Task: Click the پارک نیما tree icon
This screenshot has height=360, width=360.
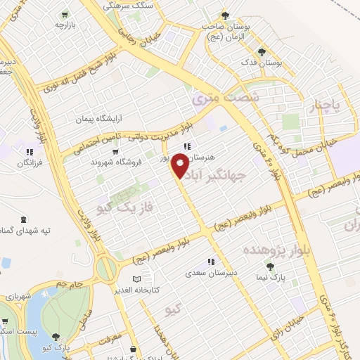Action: (269, 266)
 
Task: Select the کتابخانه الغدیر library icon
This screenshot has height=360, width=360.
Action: (136, 278)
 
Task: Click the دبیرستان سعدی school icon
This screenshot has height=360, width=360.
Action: (211, 262)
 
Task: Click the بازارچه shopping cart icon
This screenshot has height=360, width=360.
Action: (65, 14)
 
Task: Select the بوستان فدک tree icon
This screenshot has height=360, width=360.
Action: (261, 51)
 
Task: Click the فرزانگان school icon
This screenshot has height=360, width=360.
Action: (28, 152)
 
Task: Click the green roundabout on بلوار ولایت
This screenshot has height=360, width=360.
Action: (106, 268)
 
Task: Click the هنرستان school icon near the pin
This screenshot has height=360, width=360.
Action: (186, 146)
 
